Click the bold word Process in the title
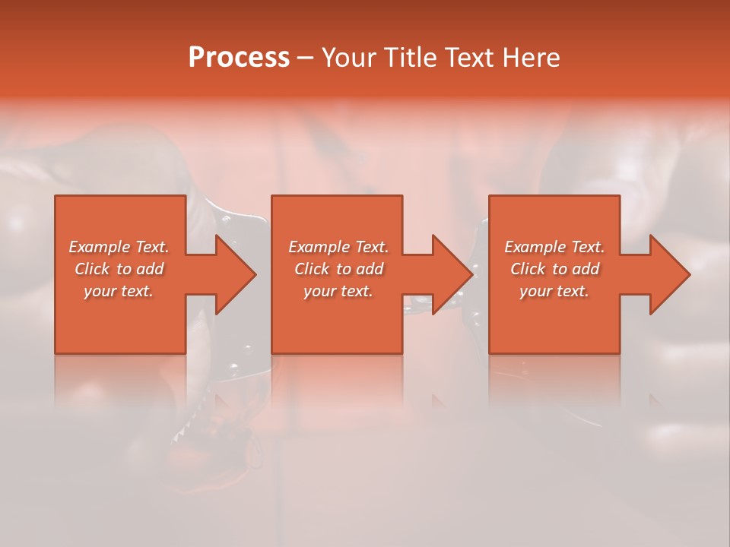(239, 58)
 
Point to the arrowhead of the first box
(236, 274)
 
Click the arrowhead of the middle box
(452, 274)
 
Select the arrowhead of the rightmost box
(670, 274)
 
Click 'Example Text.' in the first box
(119, 247)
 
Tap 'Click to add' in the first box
(119, 269)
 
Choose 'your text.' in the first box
(119, 291)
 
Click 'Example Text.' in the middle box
(338, 247)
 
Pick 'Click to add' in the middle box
(338, 269)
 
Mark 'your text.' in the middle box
(338, 291)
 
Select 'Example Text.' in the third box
(554, 247)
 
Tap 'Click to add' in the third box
(554, 269)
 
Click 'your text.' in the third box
(554, 291)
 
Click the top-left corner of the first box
(56, 196)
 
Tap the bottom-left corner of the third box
(490, 353)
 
